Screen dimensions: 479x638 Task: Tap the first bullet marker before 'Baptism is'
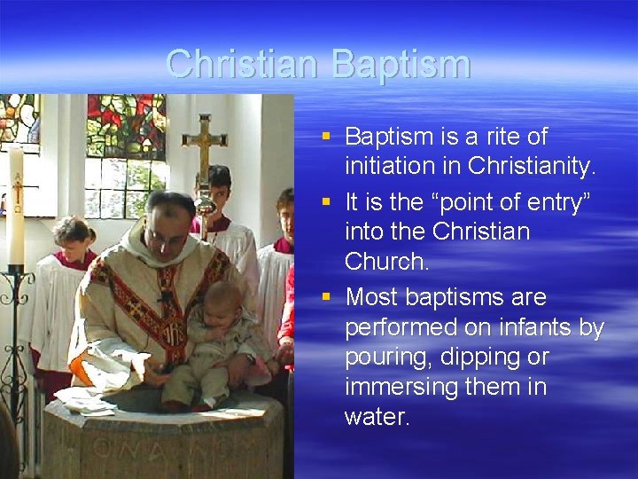pyautogui.click(x=326, y=137)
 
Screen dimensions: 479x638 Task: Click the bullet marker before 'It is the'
pyautogui.click(x=326, y=200)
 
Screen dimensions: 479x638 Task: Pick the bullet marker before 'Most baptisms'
pyautogui.click(x=326, y=296)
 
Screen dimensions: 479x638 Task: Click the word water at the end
pyautogui.click(x=377, y=417)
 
